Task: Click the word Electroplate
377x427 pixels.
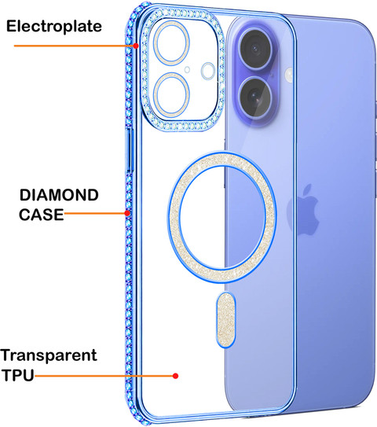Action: click(x=54, y=27)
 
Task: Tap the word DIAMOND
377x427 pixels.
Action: click(x=59, y=195)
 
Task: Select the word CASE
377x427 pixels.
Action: click(x=41, y=215)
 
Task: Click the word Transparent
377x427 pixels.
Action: click(x=49, y=355)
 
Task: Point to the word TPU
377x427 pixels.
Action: click(x=18, y=375)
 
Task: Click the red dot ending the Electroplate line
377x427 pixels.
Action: click(x=135, y=46)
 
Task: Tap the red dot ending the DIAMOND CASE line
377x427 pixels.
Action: click(x=127, y=213)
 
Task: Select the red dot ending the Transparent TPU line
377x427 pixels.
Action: click(x=176, y=376)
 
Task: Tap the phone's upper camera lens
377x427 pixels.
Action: click(x=255, y=49)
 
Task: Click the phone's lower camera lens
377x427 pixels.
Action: click(x=255, y=96)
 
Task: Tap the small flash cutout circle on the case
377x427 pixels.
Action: click(x=208, y=71)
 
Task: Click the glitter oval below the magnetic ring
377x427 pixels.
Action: click(x=225, y=320)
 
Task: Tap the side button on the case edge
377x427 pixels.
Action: click(x=130, y=151)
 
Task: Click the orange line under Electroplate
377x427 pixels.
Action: click(x=74, y=46)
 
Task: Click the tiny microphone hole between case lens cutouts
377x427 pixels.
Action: click(x=187, y=70)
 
